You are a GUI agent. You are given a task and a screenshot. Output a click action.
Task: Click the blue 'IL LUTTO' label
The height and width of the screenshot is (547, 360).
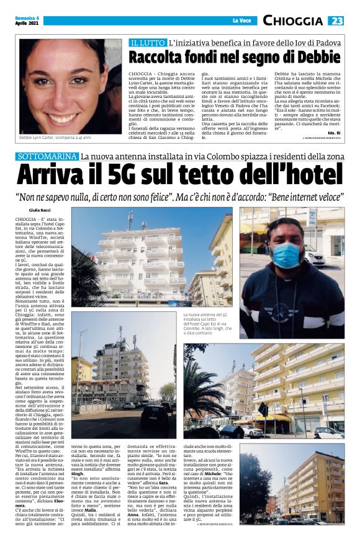point(147,43)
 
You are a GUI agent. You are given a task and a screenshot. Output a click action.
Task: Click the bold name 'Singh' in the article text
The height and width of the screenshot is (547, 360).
point(79,456)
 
